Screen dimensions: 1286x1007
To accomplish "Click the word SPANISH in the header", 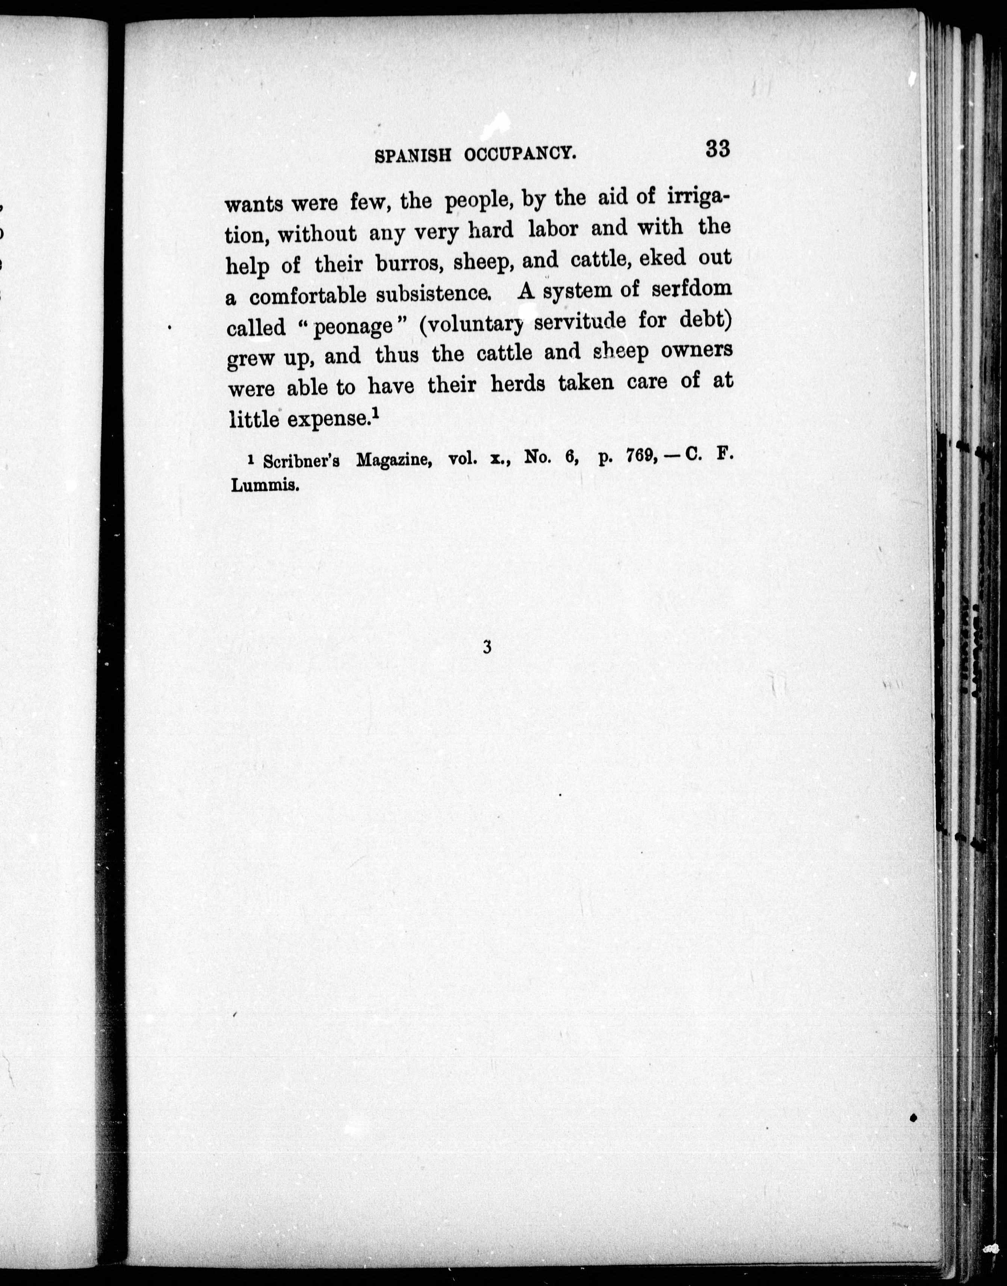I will [413, 155].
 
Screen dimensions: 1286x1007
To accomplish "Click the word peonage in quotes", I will [352, 326].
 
